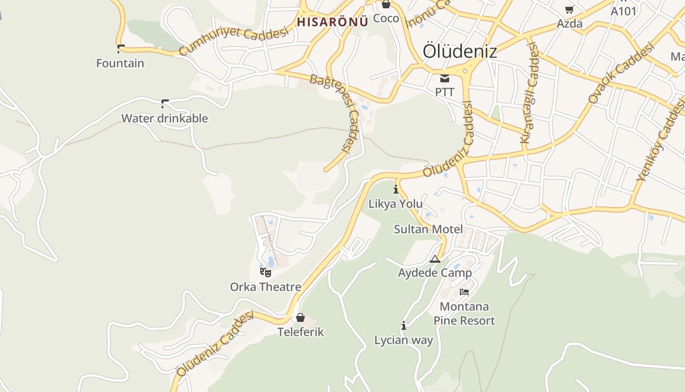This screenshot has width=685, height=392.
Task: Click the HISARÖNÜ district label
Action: coord(332,22)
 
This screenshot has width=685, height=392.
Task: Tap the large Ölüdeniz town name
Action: coord(459,51)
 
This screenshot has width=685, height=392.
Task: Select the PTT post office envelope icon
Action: coord(445,78)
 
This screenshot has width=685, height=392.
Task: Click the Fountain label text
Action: coord(120,63)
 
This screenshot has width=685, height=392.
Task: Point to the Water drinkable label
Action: coord(164,118)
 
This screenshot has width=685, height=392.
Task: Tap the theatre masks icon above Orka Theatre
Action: coord(266,272)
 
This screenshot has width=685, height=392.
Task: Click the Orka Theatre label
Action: coord(266,287)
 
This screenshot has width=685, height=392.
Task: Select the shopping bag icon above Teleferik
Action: coord(300,318)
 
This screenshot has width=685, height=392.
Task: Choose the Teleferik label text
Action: coord(300,332)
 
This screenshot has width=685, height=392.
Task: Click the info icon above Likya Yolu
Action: coord(396,189)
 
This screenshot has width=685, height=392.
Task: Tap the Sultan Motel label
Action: coord(428,229)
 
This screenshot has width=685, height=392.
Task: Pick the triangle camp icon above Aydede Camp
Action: coord(435,259)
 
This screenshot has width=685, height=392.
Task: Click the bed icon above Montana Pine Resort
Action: coord(464,292)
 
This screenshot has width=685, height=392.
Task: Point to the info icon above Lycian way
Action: coord(404,325)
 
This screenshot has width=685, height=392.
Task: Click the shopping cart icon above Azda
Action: coord(570,9)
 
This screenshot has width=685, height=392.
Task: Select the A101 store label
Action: coord(623,10)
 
